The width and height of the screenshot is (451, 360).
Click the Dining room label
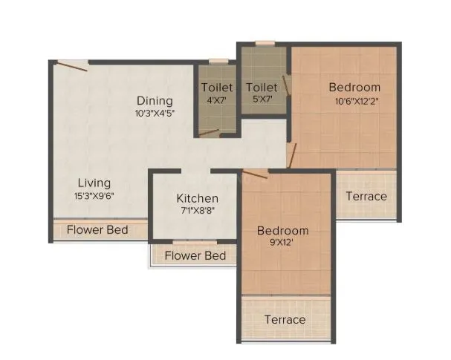point(154,101)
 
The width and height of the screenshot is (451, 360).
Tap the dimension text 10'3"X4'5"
point(154,114)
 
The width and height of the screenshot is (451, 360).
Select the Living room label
point(95,183)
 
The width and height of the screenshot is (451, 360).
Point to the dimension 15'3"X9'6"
point(95,196)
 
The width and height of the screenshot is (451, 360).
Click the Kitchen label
point(197,198)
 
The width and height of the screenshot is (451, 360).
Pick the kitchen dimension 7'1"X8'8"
point(197,212)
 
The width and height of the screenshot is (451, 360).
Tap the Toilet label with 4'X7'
point(217,88)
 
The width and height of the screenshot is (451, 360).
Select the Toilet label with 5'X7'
point(262,88)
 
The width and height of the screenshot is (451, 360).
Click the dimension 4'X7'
point(217,101)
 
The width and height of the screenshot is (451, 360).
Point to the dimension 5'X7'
point(262,101)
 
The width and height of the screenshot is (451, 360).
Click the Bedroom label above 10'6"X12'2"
point(354,88)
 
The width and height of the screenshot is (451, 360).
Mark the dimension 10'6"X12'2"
point(354,101)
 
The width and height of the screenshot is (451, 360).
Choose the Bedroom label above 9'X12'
point(283,231)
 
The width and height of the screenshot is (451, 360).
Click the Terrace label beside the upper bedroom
point(366,197)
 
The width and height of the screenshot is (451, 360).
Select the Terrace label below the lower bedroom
point(285,319)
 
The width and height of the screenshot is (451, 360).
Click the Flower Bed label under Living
point(97,230)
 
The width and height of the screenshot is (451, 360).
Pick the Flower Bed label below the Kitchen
point(195,256)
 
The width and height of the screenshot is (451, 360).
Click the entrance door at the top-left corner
point(73,66)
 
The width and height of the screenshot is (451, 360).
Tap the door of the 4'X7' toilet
point(210,134)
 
